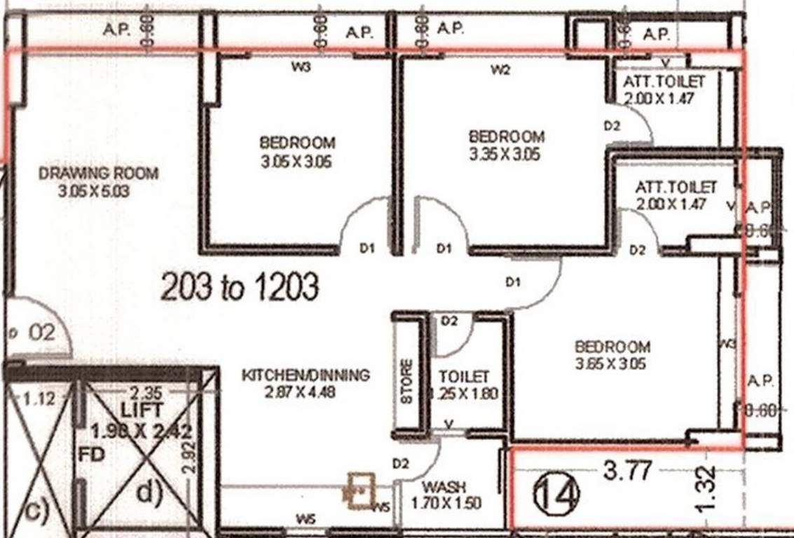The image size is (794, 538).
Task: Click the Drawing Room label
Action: [x=98, y=173]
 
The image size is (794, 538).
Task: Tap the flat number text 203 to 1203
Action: [x=240, y=287]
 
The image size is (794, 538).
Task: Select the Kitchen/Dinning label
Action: [x=305, y=375]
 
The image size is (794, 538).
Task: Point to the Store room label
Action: [x=407, y=381]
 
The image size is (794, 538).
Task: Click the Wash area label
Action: [x=445, y=486]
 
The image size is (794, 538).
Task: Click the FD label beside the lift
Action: [x=93, y=455]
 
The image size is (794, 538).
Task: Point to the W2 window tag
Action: [x=500, y=69]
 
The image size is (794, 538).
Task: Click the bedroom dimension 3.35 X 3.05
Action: [x=505, y=154]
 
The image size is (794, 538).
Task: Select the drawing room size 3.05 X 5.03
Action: [x=95, y=191]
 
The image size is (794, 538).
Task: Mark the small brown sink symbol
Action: [x=359, y=489]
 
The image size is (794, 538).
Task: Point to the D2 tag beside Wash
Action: [x=400, y=464]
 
